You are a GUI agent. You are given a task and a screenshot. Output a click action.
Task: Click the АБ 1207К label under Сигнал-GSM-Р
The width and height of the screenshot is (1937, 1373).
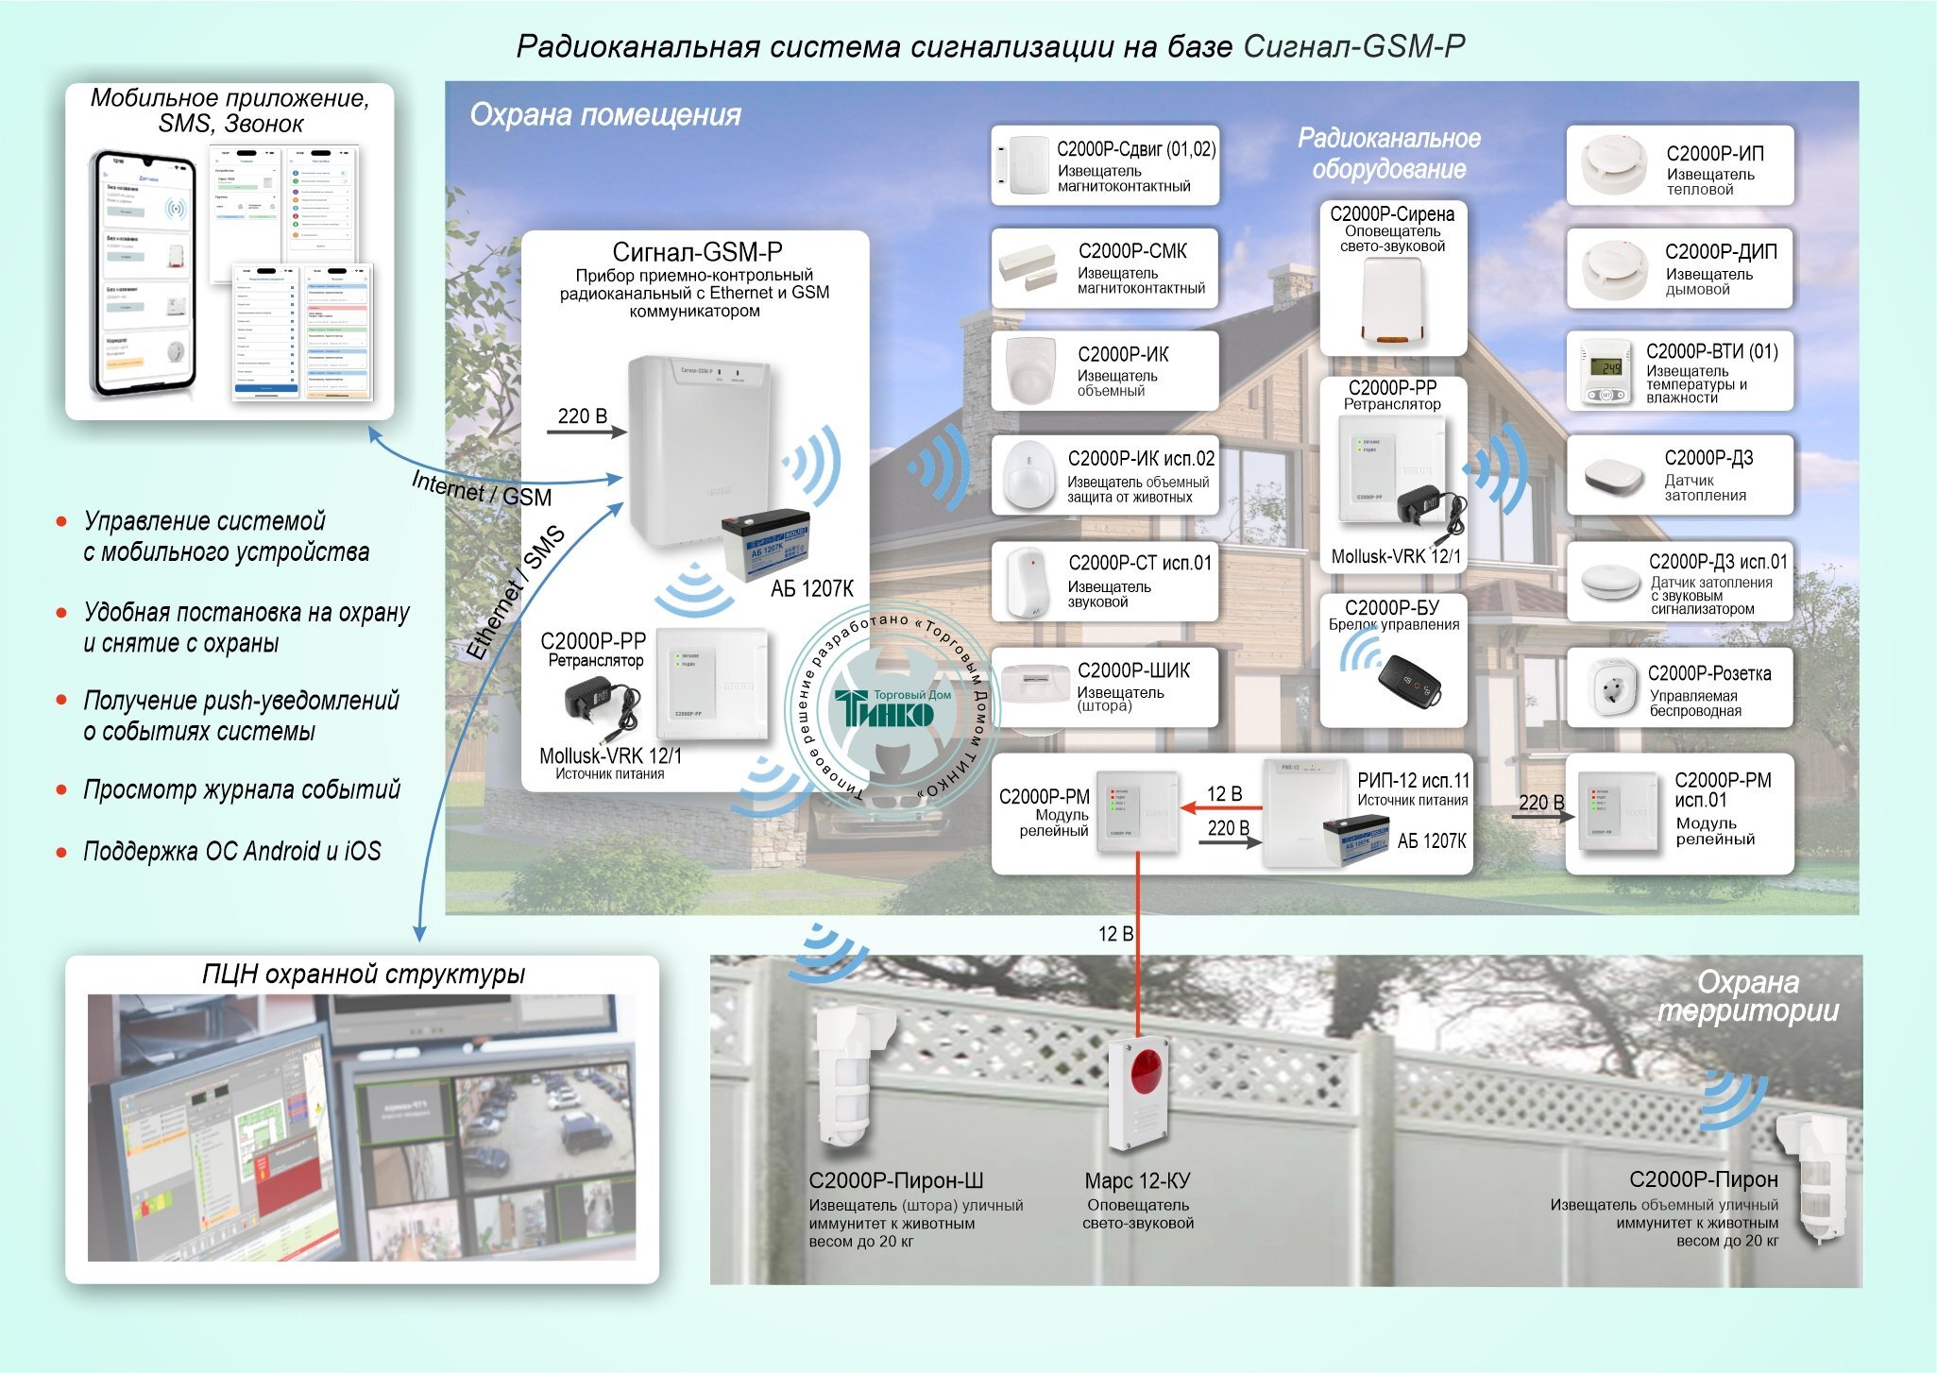click(x=811, y=589)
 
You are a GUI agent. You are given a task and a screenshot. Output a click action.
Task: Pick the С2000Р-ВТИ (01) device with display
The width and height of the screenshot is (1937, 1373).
click(x=1608, y=372)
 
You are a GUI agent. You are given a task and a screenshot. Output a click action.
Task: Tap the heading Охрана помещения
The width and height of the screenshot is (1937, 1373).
click(x=605, y=115)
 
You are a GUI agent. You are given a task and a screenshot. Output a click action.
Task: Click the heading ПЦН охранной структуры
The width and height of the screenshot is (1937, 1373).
click(x=364, y=975)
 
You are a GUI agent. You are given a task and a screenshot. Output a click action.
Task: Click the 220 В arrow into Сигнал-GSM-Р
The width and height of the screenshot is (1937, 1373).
click(x=586, y=432)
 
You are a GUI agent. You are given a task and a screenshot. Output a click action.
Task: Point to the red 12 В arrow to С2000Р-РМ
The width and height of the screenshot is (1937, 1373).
click(x=1221, y=807)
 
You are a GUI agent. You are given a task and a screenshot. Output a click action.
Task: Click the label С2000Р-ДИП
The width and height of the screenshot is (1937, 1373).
click(x=1721, y=252)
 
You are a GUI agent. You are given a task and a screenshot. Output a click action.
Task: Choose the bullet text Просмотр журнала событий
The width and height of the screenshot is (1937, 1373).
click(x=242, y=789)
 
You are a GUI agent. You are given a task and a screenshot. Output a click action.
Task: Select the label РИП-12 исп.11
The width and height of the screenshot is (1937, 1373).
click(x=1413, y=781)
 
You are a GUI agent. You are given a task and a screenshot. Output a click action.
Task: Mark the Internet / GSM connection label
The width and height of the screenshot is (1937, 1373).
click(x=482, y=488)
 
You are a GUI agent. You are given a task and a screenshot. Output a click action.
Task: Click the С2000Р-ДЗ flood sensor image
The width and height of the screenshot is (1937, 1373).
click(x=1614, y=476)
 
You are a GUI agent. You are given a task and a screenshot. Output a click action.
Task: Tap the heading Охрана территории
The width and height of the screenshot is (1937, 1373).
click(x=1748, y=996)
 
